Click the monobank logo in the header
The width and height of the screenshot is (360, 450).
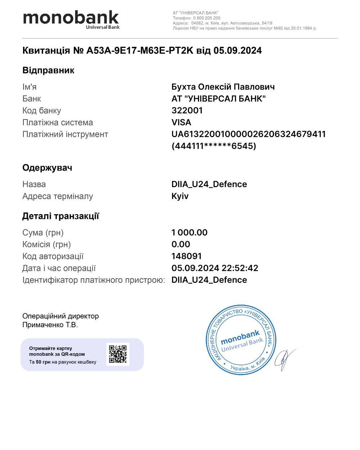(x=71, y=19)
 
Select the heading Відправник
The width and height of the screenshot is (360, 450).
(x=48, y=70)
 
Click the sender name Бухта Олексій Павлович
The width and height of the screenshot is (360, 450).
(x=223, y=87)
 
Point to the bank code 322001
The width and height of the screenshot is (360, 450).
(x=187, y=111)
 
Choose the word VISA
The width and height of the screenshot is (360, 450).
(x=181, y=122)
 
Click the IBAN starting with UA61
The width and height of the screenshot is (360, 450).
(x=249, y=134)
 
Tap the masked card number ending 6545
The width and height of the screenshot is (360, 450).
(x=214, y=146)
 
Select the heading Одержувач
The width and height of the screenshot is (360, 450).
(x=47, y=168)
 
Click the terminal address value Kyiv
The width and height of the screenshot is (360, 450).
(x=180, y=196)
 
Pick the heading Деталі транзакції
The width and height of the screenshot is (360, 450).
(x=60, y=216)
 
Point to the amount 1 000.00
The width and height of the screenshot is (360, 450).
(x=189, y=233)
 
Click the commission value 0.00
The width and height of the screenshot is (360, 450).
(x=181, y=244)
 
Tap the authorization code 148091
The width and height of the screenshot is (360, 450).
(x=186, y=256)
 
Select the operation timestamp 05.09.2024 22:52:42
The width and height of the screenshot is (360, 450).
(x=215, y=268)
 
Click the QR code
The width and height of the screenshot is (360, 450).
(x=118, y=354)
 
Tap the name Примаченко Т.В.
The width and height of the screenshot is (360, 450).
(x=50, y=325)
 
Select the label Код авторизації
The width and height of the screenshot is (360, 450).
(x=53, y=256)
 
